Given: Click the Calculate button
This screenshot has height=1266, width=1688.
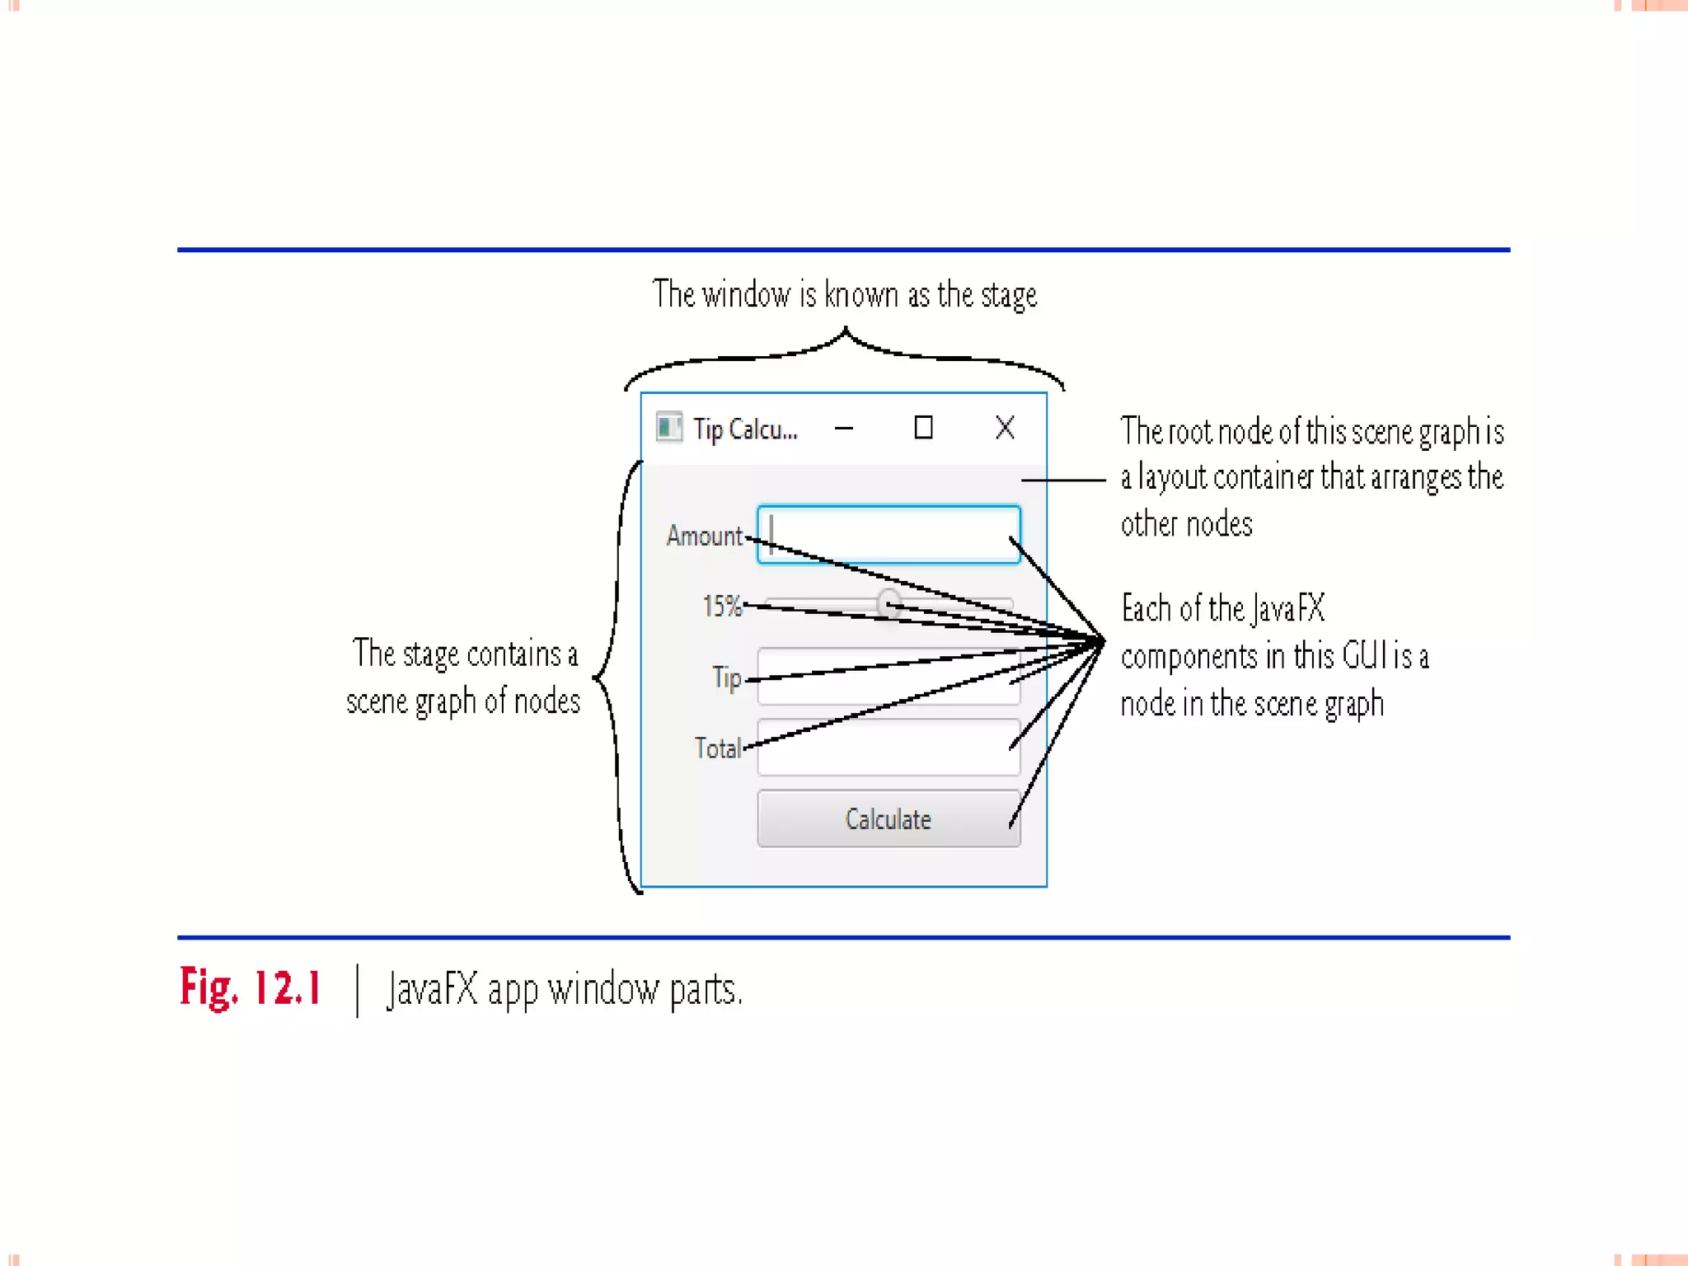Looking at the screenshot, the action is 888,818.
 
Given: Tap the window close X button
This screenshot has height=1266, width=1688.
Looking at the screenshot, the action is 1005,428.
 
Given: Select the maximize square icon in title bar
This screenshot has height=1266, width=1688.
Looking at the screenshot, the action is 923,428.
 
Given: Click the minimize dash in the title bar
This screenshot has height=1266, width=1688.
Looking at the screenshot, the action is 844,429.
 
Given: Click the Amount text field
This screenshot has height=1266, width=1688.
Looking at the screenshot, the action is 889,534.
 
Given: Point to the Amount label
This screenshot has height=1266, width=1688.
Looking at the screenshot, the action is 704,536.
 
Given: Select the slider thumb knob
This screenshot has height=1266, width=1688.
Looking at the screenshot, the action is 889,604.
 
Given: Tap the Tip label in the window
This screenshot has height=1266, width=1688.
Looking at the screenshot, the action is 727,678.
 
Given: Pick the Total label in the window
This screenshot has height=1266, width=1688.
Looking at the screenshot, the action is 717,748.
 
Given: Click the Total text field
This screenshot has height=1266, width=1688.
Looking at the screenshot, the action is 889,748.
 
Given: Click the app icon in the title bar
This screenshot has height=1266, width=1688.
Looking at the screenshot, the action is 668,428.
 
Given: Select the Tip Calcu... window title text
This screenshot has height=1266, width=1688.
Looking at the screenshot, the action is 745,429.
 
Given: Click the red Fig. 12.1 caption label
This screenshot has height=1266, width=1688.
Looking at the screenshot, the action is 250,987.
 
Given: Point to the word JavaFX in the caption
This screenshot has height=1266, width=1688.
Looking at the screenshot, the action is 432,989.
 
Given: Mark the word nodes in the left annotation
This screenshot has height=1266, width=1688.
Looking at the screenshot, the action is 546,701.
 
